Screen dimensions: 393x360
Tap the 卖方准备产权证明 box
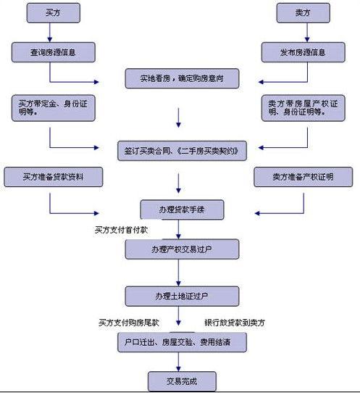pyautogui.click(x=303, y=177)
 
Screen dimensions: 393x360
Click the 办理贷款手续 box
pyautogui.click(x=181, y=211)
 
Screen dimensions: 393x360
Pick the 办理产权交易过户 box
pyautogui.click(x=181, y=249)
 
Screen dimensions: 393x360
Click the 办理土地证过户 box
pyautogui.click(x=181, y=296)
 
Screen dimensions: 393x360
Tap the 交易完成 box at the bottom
pyautogui.click(x=181, y=380)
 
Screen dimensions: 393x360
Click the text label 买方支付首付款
pyautogui.click(x=122, y=230)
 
